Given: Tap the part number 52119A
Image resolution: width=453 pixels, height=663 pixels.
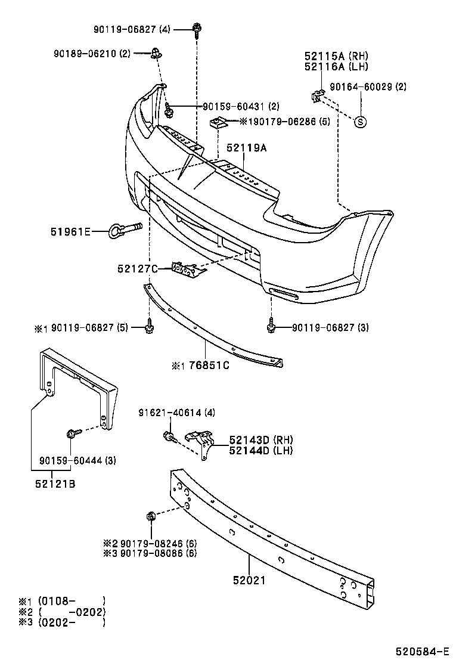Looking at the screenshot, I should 246,148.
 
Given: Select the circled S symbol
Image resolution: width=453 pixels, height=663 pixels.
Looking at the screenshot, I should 361,122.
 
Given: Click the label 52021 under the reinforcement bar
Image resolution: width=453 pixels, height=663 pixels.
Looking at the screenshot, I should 249,580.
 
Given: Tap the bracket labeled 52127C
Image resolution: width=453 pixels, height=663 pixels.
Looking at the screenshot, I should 186,269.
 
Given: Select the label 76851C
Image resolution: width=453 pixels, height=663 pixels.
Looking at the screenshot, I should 209,365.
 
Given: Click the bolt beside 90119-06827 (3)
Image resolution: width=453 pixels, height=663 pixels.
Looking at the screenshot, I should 272,327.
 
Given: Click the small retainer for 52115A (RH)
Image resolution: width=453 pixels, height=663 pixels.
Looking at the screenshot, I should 318,94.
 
